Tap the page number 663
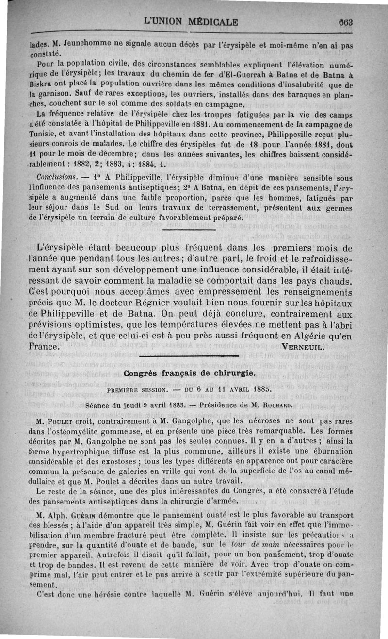point(346,22)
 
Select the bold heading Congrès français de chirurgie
point(189,374)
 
